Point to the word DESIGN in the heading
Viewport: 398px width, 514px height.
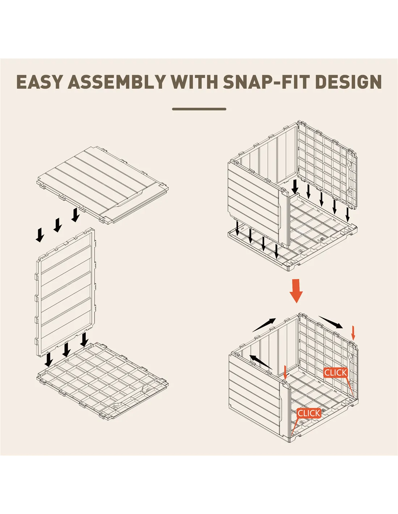tap(348, 82)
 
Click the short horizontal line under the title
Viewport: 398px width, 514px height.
tap(199, 109)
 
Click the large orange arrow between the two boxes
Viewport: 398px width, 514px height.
tap(296, 291)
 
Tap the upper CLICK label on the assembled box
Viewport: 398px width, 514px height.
tap(335, 373)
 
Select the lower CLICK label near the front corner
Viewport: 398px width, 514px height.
tap(309, 413)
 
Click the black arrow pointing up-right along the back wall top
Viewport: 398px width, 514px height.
tap(264, 325)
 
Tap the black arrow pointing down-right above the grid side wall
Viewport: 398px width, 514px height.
tap(331, 322)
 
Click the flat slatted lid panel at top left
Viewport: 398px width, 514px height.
tap(103, 185)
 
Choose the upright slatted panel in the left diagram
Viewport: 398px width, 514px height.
tap(65, 292)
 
